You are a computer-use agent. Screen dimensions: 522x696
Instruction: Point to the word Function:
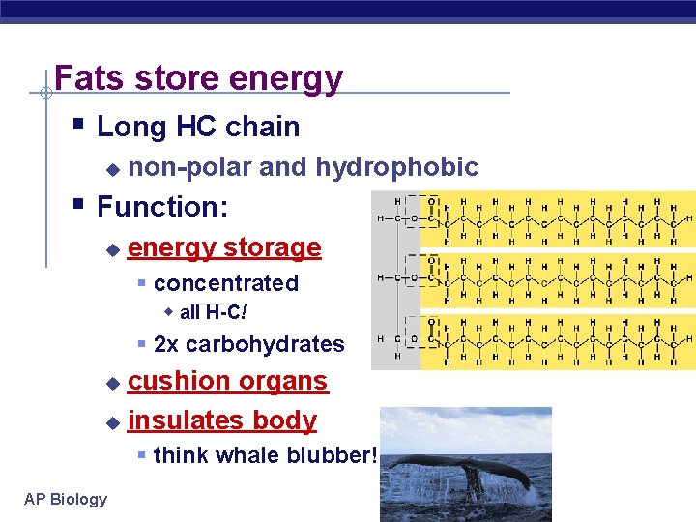tap(162, 207)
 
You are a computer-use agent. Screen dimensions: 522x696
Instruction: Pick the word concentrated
tap(225, 283)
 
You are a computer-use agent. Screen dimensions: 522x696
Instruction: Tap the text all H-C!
tap(214, 312)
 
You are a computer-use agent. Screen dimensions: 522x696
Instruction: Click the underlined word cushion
tap(176, 381)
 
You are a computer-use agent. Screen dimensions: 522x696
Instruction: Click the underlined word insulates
tap(182, 420)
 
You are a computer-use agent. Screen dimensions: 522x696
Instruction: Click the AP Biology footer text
tap(66, 499)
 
